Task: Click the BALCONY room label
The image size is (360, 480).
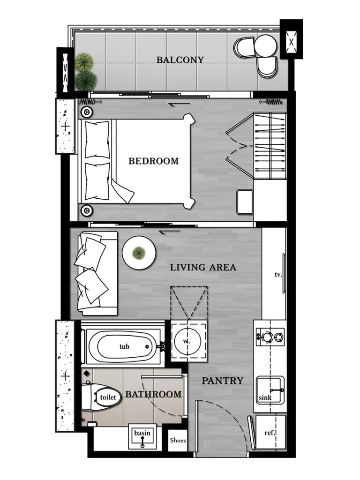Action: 180,60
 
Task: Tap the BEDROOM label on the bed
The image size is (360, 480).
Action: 154,161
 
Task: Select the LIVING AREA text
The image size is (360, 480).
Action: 203,268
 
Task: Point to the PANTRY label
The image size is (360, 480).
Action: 223,381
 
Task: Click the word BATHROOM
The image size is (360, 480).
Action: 153,394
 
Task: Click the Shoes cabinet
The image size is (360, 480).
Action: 178,440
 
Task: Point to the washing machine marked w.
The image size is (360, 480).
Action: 187,341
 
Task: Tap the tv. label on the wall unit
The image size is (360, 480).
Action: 278,275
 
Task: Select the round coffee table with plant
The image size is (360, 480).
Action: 139,252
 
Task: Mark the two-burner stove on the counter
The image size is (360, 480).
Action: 270,336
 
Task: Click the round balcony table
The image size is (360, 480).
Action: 265,45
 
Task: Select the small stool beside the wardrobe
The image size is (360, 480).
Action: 245,202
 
